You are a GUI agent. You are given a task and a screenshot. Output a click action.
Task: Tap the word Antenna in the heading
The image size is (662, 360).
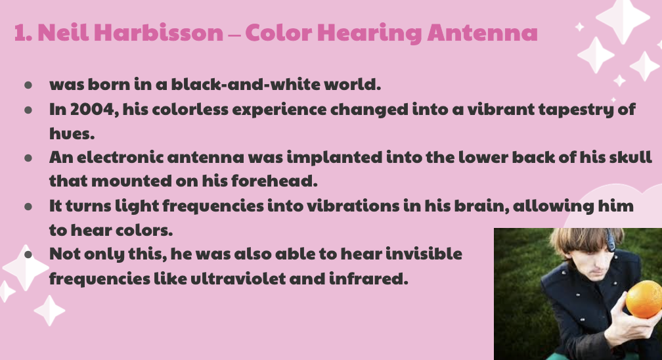click(x=483, y=33)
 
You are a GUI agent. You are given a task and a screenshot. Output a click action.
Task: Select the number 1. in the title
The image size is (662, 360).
click(x=23, y=33)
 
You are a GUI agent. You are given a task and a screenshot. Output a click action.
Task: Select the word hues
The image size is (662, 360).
click(x=72, y=133)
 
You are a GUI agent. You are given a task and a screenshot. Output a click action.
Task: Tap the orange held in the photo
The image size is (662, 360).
click(x=644, y=299)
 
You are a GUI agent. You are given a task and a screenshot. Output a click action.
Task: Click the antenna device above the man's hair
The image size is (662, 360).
click(x=611, y=239)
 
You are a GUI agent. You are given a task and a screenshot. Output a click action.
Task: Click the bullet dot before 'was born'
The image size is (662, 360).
click(x=28, y=85)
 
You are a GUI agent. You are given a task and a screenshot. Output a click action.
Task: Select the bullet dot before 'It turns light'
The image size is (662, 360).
click(x=28, y=207)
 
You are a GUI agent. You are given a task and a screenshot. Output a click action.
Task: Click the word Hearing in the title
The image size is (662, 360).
click(x=369, y=34)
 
